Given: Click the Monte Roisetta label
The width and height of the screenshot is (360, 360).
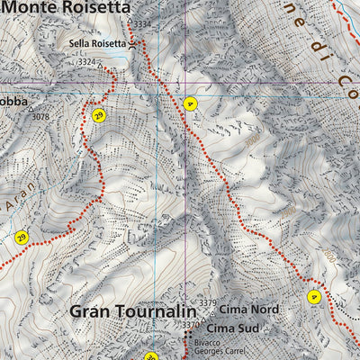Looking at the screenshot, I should (x=67, y=7).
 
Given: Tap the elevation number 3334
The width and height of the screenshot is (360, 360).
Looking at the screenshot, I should (x=142, y=23).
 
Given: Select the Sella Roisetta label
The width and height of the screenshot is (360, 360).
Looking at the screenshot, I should (x=97, y=42).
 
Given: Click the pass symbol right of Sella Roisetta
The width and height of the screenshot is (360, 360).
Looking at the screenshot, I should (x=134, y=42).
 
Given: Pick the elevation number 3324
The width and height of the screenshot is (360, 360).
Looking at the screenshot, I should (x=87, y=62).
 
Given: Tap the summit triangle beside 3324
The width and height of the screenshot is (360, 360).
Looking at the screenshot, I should (x=102, y=63).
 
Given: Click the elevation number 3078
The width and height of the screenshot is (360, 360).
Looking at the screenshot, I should (x=40, y=117).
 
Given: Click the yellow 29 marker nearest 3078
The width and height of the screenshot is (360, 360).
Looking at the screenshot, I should (x=98, y=114).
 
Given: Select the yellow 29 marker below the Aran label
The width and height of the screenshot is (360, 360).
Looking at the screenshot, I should (x=22, y=238).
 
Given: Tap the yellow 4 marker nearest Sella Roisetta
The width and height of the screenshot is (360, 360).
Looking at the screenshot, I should (x=189, y=103).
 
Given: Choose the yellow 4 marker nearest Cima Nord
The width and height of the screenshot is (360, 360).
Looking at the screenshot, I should (x=313, y=297).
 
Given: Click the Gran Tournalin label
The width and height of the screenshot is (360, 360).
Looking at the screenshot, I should (x=129, y=312).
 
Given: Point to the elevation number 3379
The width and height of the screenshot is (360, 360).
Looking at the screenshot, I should (x=208, y=302).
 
